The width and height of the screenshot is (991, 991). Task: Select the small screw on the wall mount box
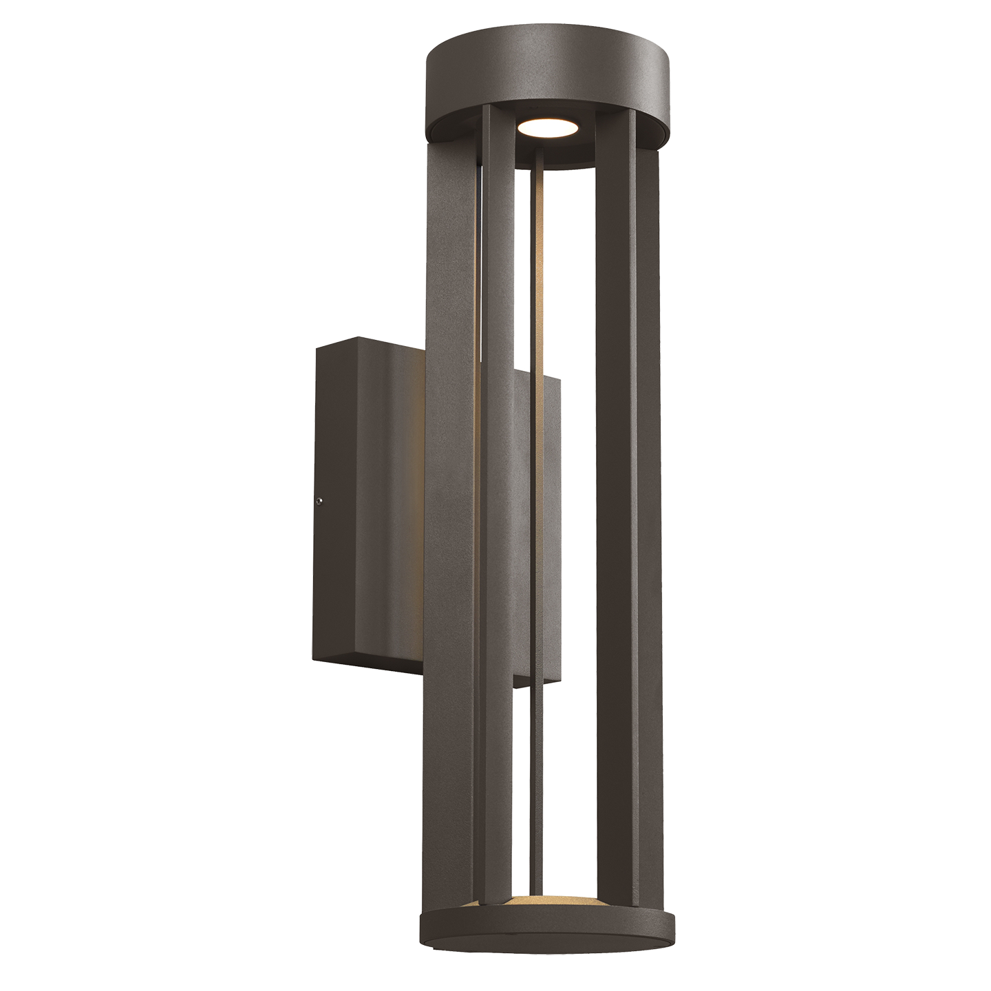(319, 502)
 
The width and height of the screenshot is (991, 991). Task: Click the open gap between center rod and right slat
(568, 482)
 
